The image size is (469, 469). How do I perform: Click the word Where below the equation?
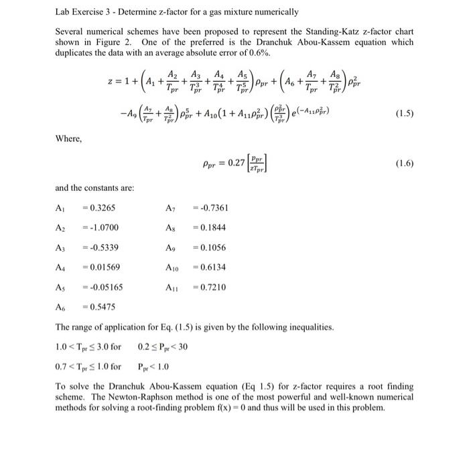tap(69, 139)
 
